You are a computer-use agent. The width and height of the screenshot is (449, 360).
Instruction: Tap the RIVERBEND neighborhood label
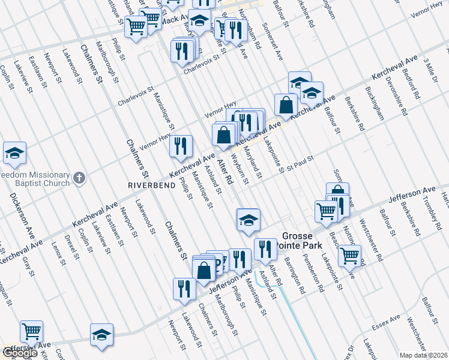point(150,185)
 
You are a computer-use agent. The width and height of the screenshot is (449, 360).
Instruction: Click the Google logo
point(20,353)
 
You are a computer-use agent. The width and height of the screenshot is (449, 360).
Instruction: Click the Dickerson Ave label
point(21,213)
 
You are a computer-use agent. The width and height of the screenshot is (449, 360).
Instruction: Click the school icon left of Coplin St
point(14,154)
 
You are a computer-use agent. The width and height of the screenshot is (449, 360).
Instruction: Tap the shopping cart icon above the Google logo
point(31,331)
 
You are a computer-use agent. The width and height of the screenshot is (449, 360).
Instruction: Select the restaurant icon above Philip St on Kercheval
point(180,146)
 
